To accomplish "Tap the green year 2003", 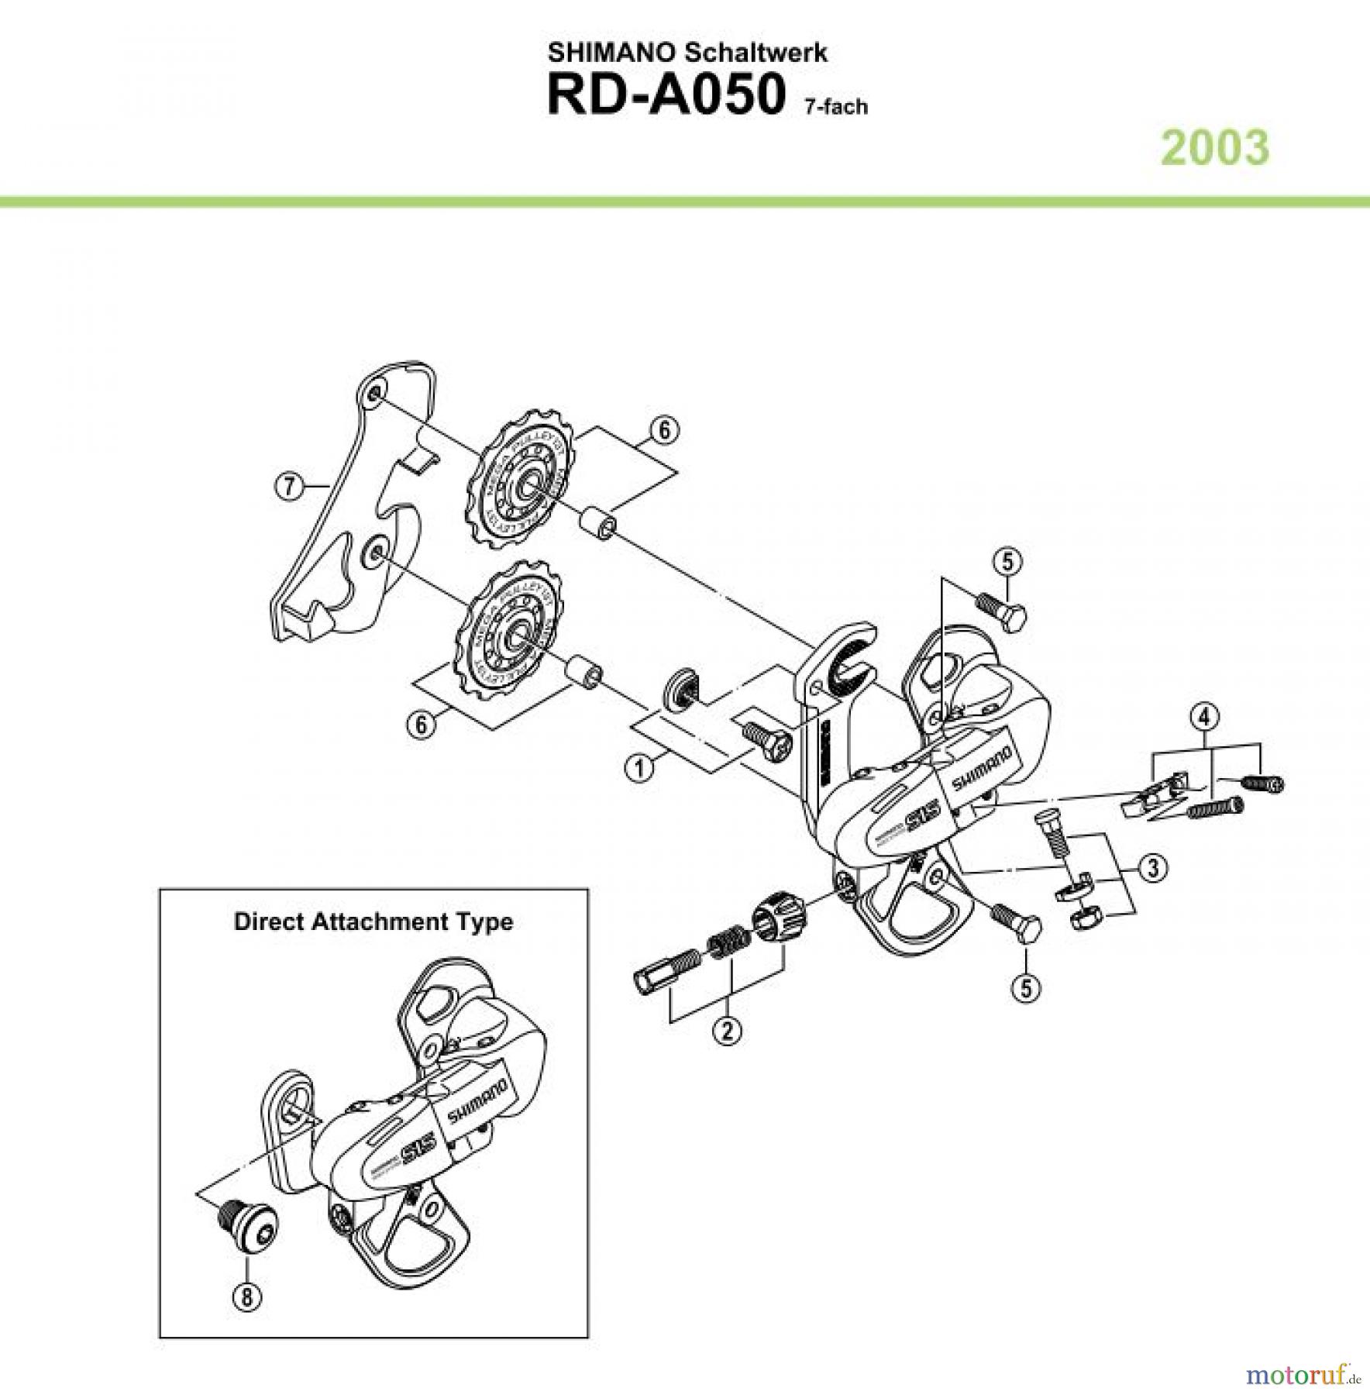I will pos(1215,148).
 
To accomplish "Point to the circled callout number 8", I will pos(246,1297).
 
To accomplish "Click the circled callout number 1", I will pos(639,768).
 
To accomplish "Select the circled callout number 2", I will pos(728,1030).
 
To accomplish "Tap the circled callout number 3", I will pos(1154,868).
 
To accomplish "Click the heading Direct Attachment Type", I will pos(373,921).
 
